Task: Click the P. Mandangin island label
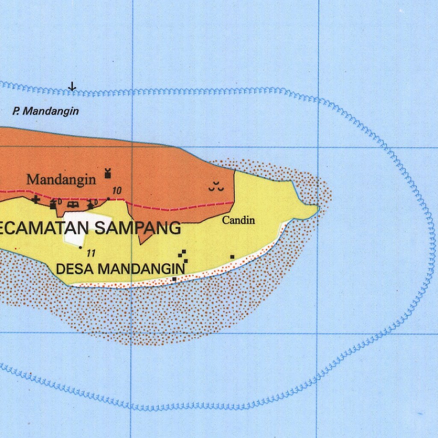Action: coord(46,111)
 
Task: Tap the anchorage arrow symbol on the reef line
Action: coord(73,87)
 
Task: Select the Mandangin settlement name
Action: coord(61,179)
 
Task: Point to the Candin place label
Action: coord(239,220)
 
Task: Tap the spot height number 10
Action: coord(117,191)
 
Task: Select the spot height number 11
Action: coord(90,253)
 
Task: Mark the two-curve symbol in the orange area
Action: coord(216,186)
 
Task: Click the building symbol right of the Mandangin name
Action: coord(107,173)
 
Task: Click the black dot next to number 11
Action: coord(80,247)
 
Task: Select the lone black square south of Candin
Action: coord(232,257)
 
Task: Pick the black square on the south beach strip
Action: coord(174,279)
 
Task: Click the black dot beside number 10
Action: coord(109,198)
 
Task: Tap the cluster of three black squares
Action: coord(184,255)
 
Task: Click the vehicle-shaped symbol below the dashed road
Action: coord(73,204)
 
